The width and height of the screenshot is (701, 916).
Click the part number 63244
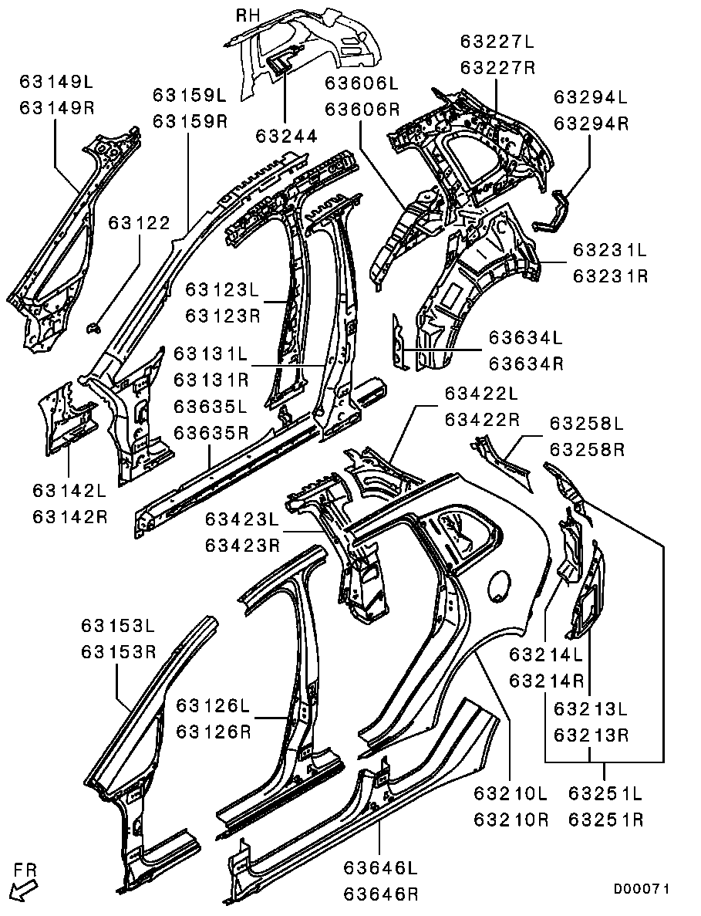point(286,136)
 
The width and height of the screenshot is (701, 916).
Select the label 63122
point(139,223)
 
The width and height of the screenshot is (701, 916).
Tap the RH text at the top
point(249,15)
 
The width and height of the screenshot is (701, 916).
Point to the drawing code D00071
point(641,889)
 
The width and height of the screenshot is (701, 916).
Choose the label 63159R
point(190,121)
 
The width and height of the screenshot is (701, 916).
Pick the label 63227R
point(497,67)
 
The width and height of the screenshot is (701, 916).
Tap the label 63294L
point(591,97)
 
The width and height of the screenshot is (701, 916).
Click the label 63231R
point(610,275)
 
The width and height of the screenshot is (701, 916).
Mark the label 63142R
point(70,516)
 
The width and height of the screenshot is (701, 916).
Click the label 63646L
point(381,868)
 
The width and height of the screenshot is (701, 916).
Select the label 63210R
point(511,819)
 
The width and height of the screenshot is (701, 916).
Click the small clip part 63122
point(94,329)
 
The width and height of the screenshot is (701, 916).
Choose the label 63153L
point(119,625)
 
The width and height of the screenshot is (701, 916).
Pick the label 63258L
point(586,423)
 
